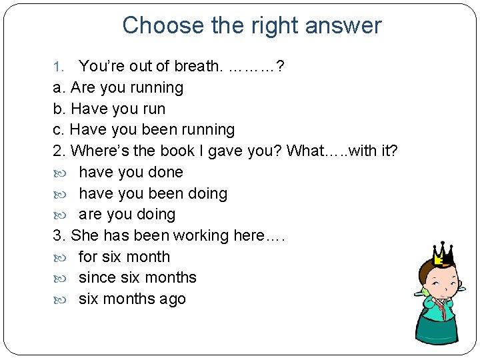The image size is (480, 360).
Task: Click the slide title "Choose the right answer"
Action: (251, 25)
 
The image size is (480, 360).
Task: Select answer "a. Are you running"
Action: (118, 87)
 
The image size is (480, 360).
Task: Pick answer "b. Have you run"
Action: (109, 109)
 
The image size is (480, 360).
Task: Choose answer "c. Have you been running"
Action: (143, 129)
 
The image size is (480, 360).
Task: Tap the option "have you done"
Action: (131, 172)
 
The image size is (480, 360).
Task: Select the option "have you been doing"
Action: (153, 193)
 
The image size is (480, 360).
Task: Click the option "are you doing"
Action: (127, 215)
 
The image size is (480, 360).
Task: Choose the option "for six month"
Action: (124, 257)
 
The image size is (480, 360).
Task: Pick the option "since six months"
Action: (137, 277)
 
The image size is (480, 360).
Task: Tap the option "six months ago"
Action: (132, 299)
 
